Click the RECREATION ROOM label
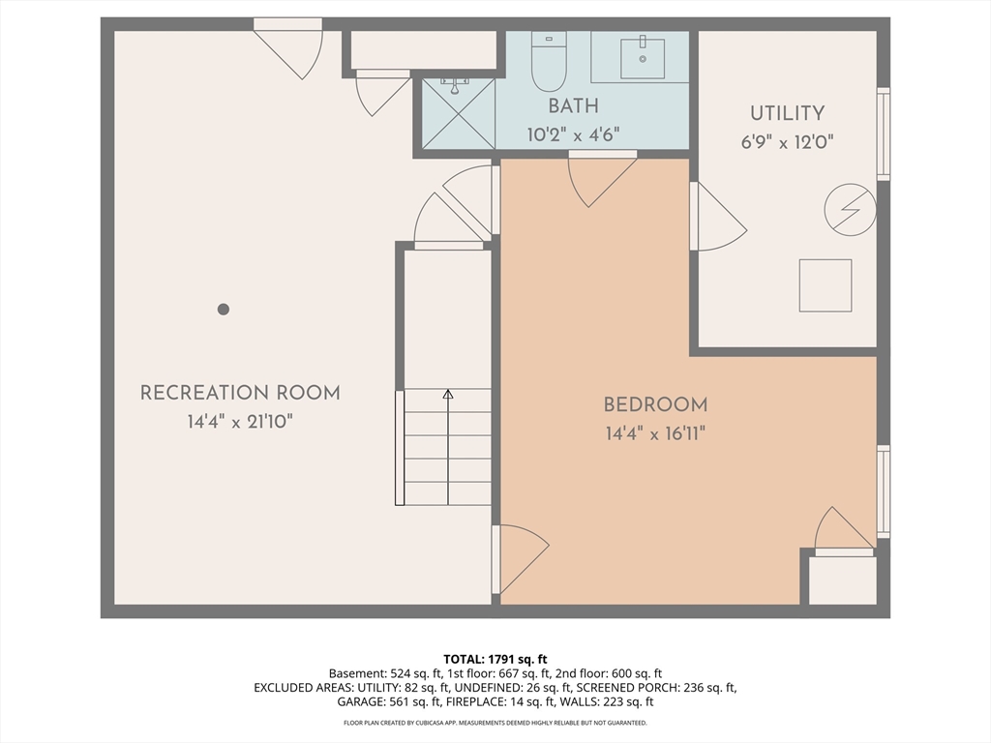pyautogui.click(x=240, y=393)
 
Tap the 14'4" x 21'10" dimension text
pyautogui.click(x=240, y=422)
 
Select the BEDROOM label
pyautogui.click(x=655, y=405)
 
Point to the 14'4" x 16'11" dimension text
pyautogui.click(x=655, y=433)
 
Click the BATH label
pyautogui.click(x=573, y=106)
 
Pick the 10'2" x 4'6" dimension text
pyautogui.click(x=573, y=135)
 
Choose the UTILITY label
pyautogui.click(x=787, y=113)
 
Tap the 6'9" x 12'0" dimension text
pyautogui.click(x=787, y=141)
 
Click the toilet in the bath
pyautogui.click(x=549, y=60)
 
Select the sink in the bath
pyautogui.click(x=642, y=57)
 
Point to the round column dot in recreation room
pyautogui.click(x=224, y=310)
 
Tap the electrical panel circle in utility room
pyautogui.click(x=850, y=209)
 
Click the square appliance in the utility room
pyautogui.click(x=826, y=285)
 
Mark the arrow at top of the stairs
pyautogui.click(x=447, y=395)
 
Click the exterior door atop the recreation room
pyautogui.click(x=288, y=46)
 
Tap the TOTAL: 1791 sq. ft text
pyautogui.click(x=495, y=659)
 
